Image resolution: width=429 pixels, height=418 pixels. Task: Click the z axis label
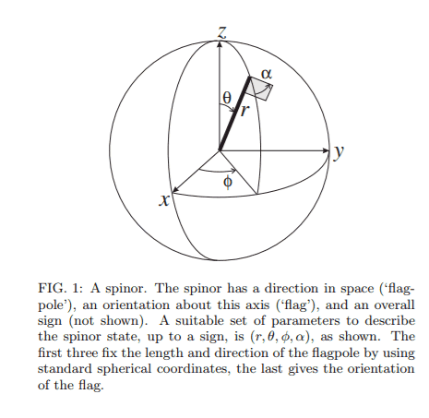tap(222, 32)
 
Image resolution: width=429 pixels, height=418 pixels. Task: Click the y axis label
tap(339, 151)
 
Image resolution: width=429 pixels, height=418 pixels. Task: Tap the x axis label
tap(164, 200)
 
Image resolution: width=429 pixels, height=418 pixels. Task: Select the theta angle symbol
tap(227, 98)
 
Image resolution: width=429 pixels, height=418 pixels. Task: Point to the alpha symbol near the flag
tap(267, 74)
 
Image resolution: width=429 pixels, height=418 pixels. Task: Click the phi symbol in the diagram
tap(228, 182)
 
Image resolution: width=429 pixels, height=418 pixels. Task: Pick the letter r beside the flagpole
tap(244, 111)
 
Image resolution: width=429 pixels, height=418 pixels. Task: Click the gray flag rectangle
tap(261, 88)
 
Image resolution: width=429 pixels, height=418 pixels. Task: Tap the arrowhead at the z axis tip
tap(220, 44)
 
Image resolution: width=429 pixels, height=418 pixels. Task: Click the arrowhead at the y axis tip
tap(327, 150)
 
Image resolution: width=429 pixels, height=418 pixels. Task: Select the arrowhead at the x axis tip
tap(174, 190)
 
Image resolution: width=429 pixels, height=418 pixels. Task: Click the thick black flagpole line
tap(234, 113)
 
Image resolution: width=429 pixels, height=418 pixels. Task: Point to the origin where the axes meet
tap(220, 150)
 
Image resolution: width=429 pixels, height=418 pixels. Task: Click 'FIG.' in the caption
tap(52, 289)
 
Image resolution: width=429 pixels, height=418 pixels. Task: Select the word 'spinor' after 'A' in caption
tap(125, 289)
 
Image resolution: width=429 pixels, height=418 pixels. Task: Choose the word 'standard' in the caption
tap(65, 369)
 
